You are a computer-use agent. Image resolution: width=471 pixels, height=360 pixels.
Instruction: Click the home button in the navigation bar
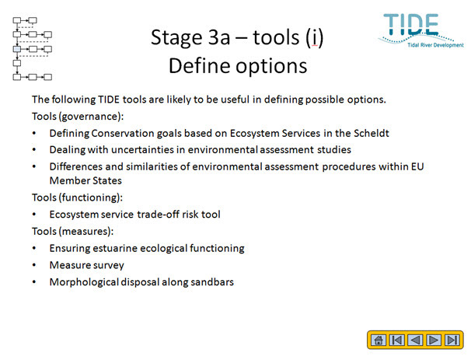pos(379,340)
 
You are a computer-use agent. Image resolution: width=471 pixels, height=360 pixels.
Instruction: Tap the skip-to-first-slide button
pos(397,340)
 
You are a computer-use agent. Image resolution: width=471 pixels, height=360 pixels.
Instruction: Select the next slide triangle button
pos(434,340)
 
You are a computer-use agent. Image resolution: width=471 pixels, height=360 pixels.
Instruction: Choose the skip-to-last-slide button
pos(452,340)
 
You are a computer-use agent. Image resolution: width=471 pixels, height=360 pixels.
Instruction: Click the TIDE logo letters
pos(411,24)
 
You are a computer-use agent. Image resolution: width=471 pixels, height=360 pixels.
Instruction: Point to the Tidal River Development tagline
pos(435,45)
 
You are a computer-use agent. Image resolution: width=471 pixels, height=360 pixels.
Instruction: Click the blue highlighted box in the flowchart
pos(17,49)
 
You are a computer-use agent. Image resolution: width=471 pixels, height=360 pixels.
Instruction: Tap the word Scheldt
pos(372,133)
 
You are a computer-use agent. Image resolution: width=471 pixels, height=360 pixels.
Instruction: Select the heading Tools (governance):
pos(78,117)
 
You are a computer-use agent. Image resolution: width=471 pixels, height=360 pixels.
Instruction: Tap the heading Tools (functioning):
pos(78,197)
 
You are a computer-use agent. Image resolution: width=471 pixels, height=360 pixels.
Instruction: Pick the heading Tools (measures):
pos(73,231)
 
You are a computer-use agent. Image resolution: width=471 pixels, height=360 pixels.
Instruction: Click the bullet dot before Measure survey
pos(34,265)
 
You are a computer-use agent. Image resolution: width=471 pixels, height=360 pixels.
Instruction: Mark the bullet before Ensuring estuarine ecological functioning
pos(34,248)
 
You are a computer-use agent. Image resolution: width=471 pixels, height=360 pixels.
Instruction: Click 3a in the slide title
pos(220,37)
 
